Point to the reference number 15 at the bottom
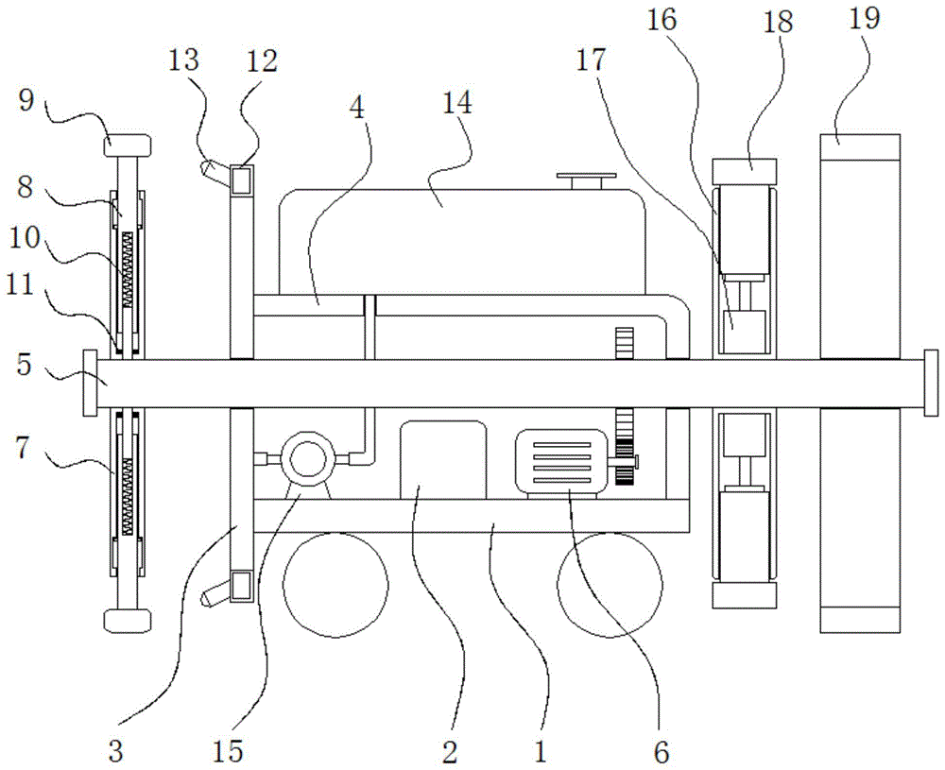pos(228,751)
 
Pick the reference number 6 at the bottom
pos(661,752)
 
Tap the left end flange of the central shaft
pos(90,382)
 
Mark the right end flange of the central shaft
pos(931,382)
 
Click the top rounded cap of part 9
pos(128,145)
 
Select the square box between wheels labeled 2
pos(443,459)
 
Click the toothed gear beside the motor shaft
pos(623,448)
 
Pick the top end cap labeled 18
pos(746,172)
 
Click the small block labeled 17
pos(744,333)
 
